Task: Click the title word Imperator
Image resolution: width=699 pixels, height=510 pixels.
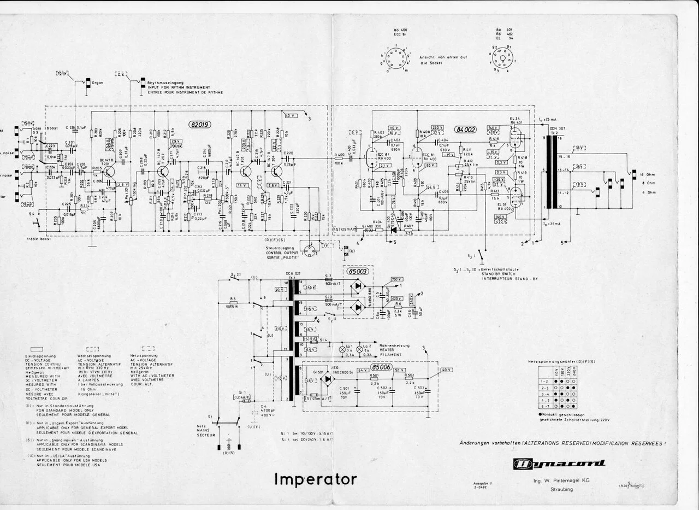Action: coord(316,479)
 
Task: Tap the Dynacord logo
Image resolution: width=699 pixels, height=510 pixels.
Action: coord(559,464)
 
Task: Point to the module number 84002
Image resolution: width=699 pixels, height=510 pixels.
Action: coord(465,130)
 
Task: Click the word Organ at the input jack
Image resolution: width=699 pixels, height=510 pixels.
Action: coord(98,83)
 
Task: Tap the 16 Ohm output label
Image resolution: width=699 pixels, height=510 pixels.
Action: coord(647,172)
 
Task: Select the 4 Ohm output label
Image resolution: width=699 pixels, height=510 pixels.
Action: coord(646,192)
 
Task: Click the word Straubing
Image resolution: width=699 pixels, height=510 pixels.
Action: coord(561,489)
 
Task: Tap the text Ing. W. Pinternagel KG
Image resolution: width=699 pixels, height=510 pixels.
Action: coord(561,480)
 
